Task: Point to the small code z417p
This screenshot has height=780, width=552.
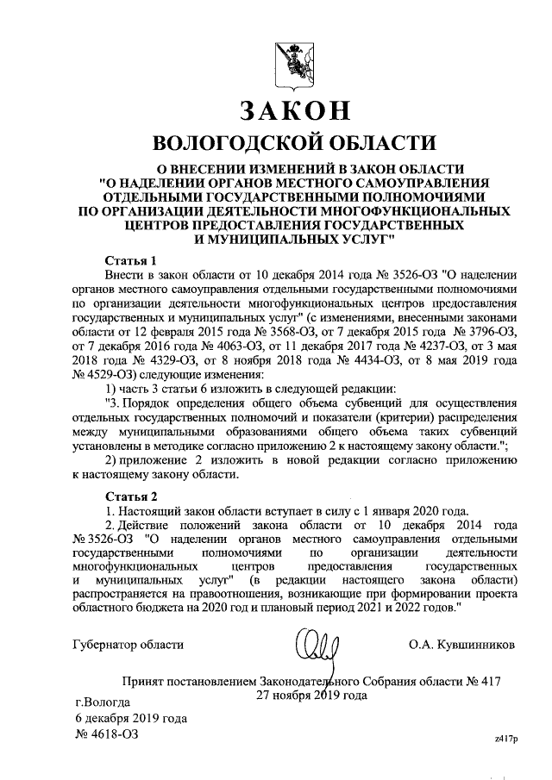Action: (x=505, y=739)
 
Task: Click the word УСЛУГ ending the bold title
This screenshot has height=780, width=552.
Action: (x=367, y=234)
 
